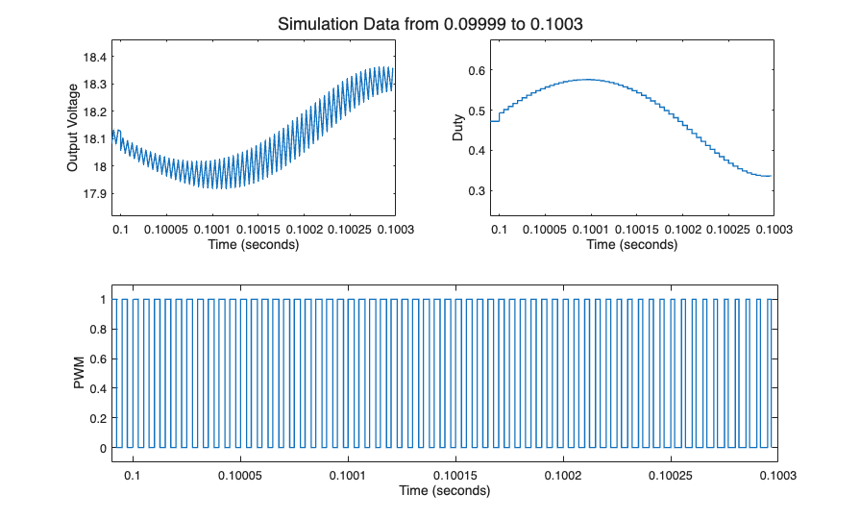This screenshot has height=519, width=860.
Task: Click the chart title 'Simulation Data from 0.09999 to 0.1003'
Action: point(430,22)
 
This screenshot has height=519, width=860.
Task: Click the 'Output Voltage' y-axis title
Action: point(72,128)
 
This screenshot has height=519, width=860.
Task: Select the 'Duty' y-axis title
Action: point(458,128)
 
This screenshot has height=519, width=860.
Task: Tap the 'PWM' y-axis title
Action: point(80,374)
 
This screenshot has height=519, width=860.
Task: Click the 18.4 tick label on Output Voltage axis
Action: point(93,57)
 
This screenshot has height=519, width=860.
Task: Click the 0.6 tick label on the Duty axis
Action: point(472,71)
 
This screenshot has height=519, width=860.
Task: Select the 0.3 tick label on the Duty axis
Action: point(472,191)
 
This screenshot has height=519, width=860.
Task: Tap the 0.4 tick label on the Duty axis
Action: point(472,151)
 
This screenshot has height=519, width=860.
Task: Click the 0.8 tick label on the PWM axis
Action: point(97,330)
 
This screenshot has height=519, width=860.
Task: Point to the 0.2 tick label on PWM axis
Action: point(97,419)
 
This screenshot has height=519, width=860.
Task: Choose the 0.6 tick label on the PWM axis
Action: point(97,359)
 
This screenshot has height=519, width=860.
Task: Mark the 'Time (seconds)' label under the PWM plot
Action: point(445,491)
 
